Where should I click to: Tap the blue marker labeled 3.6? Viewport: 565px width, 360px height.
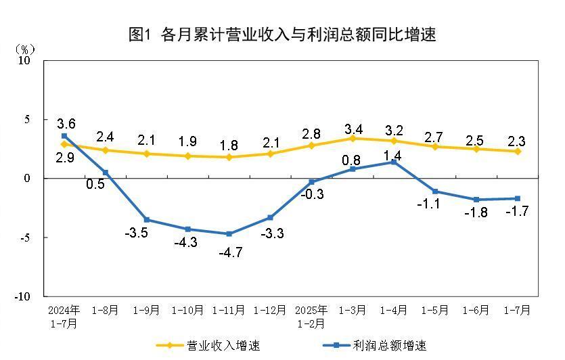pos(64,136)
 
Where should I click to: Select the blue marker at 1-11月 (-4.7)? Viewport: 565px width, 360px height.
pos(229,234)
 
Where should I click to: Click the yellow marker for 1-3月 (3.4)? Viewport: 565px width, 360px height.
pos(353,138)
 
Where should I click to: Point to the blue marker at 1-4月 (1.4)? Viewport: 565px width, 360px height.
pos(394,162)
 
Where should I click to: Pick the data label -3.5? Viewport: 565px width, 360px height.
pos(137,234)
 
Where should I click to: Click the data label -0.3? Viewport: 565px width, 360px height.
pos(312,194)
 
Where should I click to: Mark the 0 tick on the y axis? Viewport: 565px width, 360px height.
pos(28,179)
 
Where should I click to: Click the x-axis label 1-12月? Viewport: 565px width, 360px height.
pos(270,311)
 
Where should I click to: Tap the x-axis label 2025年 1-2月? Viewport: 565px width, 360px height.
pos(311,317)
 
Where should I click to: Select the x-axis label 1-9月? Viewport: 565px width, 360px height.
pos(146,311)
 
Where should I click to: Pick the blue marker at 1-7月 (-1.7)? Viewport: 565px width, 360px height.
pos(518,198)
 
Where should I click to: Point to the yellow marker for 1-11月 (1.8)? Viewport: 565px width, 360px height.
pos(229,157)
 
